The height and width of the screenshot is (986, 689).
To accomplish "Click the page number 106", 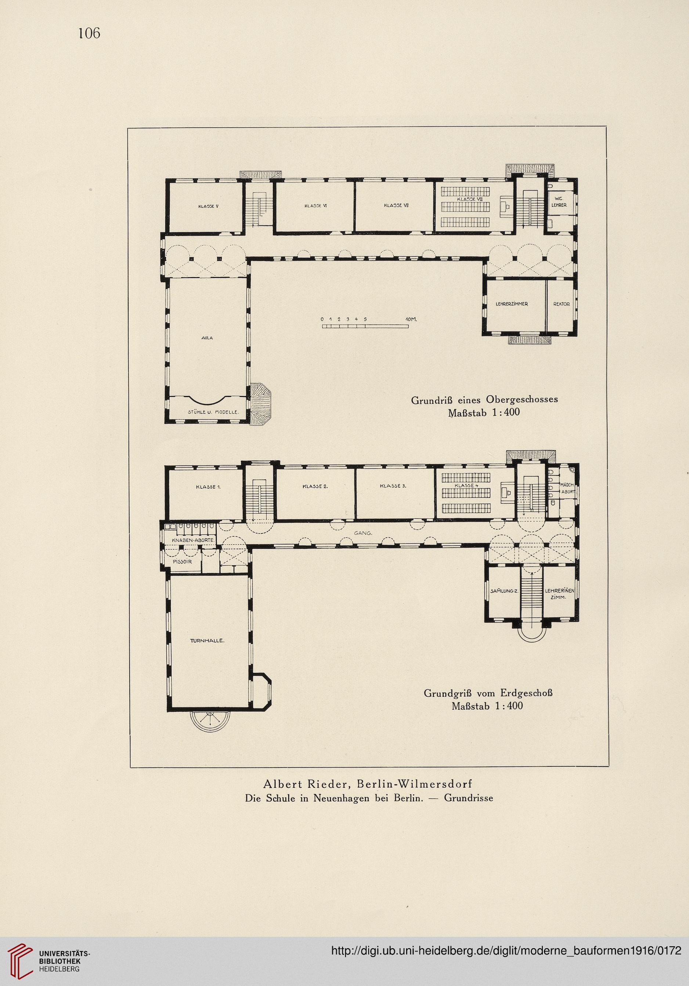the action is pyautogui.click(x=89, y=33).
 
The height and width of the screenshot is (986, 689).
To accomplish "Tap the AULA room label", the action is pyautogui.click(x=207, y=338).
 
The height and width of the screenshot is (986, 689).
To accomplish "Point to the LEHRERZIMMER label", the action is pyautogui.click(x=511, y=304).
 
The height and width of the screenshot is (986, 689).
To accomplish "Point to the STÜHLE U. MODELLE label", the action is pyautogui.click(x=213, y=412).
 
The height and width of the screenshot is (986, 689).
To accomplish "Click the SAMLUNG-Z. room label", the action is pyautogui.click(x=505, y=591).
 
